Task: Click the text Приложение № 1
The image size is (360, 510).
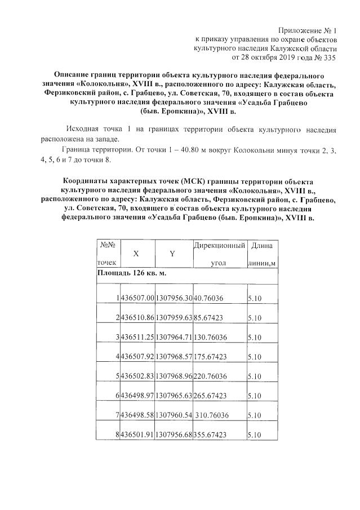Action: click(308, 30)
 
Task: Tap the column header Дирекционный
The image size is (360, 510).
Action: click(219, 246)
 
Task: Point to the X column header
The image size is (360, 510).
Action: click(136, 254)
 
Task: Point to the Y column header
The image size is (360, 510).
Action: click(172, 254)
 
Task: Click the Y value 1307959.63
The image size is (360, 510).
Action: click(174, 318)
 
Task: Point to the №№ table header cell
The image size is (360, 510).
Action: click(108, 245)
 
